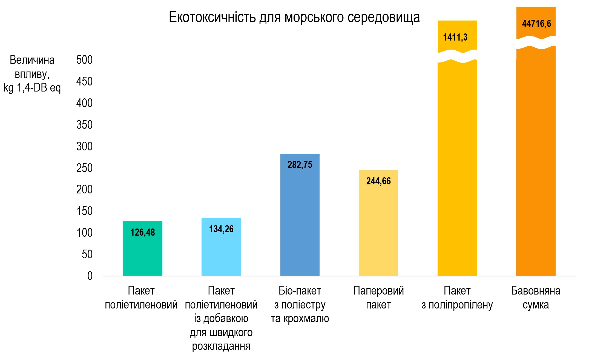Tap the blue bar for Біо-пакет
point(300,219)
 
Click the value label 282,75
point(300,165)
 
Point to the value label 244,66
point(378,181)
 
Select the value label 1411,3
point(455,37)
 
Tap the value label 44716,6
point(536,24)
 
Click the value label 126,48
point(142,232)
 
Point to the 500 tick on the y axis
point(84,60)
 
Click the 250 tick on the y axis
point(84,168)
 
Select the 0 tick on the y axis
point(90,276)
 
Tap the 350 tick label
point(84,125)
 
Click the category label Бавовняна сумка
point(536,298)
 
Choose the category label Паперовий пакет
point(378,298)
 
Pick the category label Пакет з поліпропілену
point(457,298)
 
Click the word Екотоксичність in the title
point(212,17)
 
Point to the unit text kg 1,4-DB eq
point(32,88)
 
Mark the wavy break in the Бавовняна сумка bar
point(536,42)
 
